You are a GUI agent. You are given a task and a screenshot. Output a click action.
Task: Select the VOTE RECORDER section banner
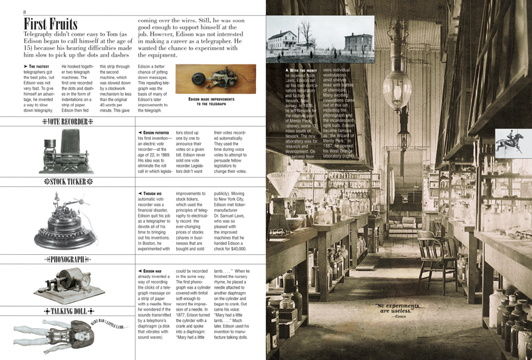pos(66,122)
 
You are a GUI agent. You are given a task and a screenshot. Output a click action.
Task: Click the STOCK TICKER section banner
pos(66,181)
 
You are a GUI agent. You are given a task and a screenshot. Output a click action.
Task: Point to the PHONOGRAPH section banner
pos(66,258)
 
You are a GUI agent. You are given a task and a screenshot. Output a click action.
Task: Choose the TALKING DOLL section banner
pos(66,310)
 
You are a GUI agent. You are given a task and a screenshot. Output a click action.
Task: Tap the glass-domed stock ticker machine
pos(66,220)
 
